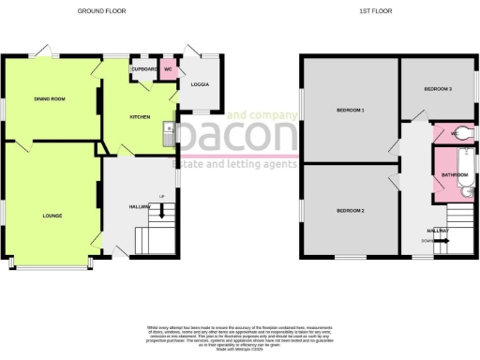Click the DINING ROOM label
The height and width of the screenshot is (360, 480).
[48, 98]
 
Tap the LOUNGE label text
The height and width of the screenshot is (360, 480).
[52, 217]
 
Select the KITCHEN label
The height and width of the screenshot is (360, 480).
[140, 117]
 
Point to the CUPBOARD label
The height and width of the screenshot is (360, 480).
[142, 68]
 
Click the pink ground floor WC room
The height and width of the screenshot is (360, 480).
[168, 70]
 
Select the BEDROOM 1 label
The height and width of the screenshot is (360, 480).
[350, 111]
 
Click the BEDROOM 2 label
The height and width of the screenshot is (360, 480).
[350, 211]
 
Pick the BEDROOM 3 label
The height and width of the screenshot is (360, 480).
[438, 89]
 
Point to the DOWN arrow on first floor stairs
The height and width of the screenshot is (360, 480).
[437, 241]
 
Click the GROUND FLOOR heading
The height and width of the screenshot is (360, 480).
[104, 10]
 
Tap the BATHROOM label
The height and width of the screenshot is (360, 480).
[455, 174]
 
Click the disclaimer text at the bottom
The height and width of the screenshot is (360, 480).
[239, 336]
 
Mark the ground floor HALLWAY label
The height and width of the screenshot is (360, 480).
[141, 206]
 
